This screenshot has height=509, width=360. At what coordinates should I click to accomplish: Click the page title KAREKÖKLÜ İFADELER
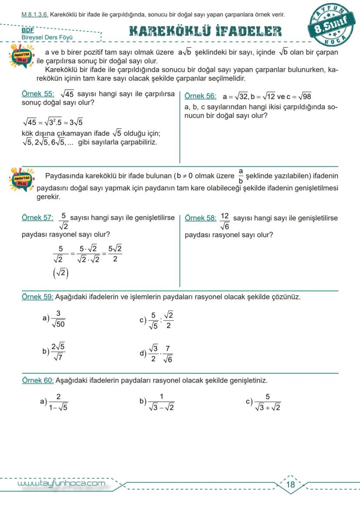point(205,31)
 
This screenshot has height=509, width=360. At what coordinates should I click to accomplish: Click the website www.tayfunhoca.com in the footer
point(61,483)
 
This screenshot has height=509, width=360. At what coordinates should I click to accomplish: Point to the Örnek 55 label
point(38,94)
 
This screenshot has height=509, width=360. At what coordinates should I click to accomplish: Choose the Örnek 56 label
point(200,96)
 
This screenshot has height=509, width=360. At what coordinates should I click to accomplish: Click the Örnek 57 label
point(37,217)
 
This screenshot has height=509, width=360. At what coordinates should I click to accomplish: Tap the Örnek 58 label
point(200,217)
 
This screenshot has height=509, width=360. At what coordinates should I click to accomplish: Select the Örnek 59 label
point(38,297)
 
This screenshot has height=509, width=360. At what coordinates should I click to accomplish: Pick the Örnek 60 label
point(38,380)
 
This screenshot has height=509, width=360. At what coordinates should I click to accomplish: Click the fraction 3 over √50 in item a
point(58,319)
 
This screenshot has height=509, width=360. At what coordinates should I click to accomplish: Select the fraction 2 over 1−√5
point(58,402)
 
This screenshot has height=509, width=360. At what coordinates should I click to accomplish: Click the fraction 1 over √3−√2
point(161,402)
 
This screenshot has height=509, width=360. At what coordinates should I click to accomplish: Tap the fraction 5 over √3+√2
point(267,402)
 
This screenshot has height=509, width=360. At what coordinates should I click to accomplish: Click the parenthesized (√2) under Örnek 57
point(60,273)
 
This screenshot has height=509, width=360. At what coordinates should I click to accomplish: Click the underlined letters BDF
point(27,31)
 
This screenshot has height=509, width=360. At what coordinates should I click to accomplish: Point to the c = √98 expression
point(299,96)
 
